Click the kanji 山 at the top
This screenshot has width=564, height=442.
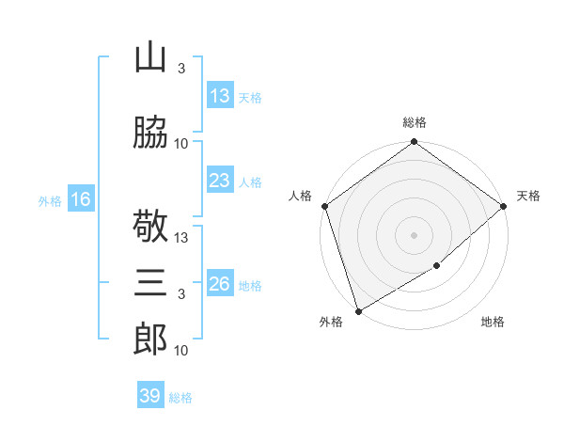[150, 56]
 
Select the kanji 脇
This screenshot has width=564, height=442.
[150, 132]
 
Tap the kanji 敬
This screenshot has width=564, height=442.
[150, 226]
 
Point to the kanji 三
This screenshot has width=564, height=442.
[150, 282]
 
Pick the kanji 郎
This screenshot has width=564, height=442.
[150, 339]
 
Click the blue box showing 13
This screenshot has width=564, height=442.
[220, 95]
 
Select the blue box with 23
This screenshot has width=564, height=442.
[220, 180]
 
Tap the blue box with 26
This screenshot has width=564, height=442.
[220, 282]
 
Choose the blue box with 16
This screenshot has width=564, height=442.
[81, 198]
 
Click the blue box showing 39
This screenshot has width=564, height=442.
[150, 394]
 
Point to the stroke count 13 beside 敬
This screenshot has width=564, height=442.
[180, 238]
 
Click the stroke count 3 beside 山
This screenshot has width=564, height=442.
[181, 68]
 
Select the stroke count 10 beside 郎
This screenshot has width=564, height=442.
[180, 350]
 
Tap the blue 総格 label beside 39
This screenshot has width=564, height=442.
[180, 398]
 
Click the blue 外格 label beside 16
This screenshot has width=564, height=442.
[50, 201]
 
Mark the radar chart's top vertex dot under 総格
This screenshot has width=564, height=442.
[414, 141]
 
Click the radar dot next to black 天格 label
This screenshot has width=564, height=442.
[504, 206]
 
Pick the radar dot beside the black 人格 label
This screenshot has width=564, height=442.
[325, 206]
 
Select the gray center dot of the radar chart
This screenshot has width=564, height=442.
[414, 235]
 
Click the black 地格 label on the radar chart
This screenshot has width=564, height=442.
[493, 322]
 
